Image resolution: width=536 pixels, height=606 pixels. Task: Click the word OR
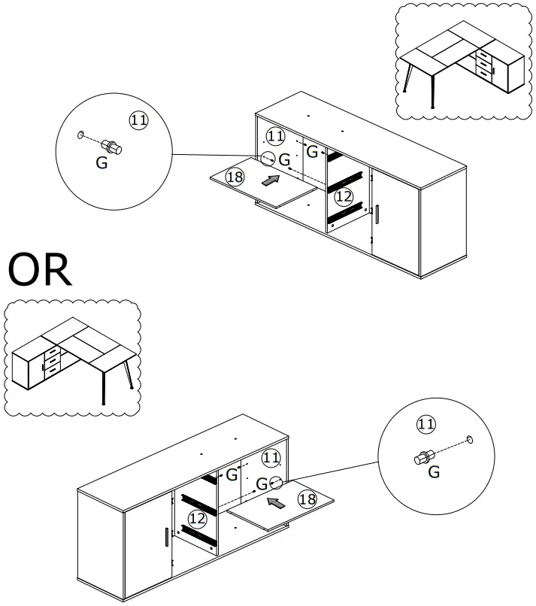(x=41, y=271)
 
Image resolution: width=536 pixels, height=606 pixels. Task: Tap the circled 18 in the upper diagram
(x=235, y=177)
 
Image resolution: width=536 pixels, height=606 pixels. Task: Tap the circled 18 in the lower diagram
(x=306, y=499)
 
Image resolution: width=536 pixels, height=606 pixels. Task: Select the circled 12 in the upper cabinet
(x=343, y=197)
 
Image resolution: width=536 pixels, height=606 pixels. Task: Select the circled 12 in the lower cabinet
(x=197, y=518)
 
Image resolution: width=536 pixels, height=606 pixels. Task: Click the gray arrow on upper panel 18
(x=271, y=180)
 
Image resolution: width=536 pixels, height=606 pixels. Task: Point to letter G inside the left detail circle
(x=101, y=162)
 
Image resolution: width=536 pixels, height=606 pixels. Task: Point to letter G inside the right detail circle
(x=434, y=472)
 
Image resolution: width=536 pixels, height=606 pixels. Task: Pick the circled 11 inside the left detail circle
(x=139, y=120)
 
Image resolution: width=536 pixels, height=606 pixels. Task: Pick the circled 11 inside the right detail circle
(x=425, y=425)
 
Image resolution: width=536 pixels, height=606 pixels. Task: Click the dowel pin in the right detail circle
(x=423, y=456)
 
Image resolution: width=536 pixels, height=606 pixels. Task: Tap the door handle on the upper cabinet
(x=377, y=213)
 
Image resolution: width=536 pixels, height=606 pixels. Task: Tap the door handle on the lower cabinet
(x=165, y=538)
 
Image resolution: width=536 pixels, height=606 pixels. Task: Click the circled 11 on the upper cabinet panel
(x=276, y=136)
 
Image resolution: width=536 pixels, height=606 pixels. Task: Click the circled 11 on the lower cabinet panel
(x=271, y=457)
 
